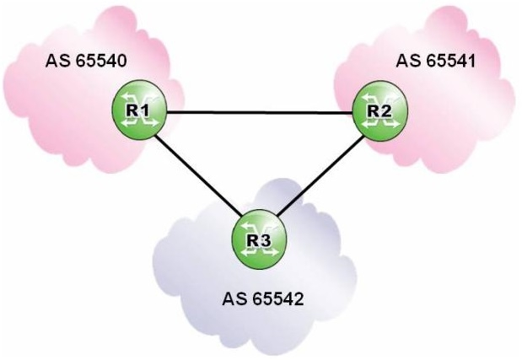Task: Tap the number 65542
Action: [x=275, y=298]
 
